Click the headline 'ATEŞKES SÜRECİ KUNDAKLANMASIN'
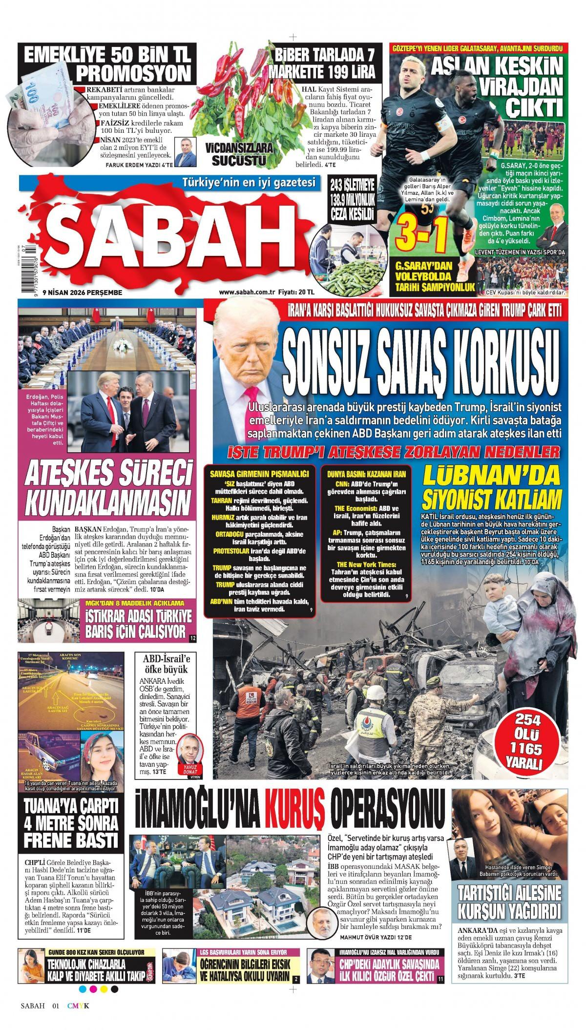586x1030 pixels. pyautogui.click(x=108, y=487)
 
